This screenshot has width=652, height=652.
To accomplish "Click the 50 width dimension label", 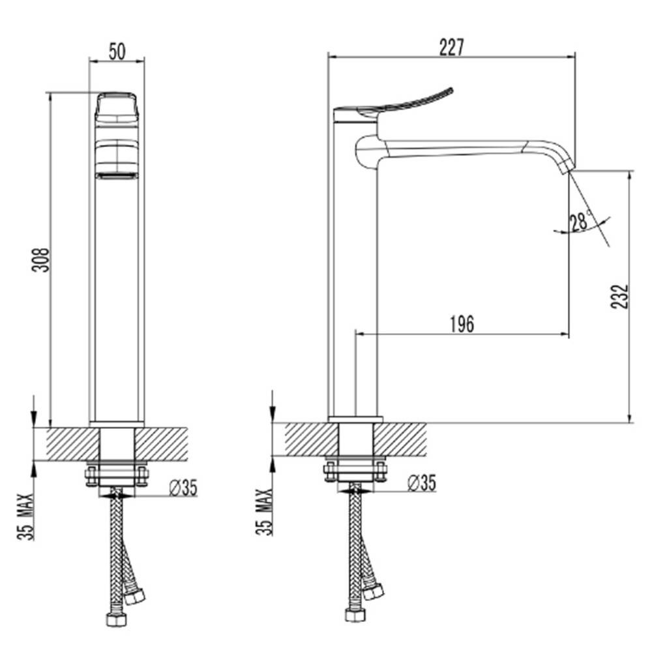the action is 117,52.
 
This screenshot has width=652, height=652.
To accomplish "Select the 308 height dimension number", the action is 40,260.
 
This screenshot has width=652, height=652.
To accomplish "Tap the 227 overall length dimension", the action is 452,47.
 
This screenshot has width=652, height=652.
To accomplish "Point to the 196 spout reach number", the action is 462,324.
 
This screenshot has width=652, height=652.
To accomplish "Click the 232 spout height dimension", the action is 619,297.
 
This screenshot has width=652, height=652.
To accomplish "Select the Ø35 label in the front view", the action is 183,487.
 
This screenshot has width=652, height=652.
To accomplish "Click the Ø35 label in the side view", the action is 422,482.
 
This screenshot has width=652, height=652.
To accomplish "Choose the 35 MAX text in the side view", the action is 265,512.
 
